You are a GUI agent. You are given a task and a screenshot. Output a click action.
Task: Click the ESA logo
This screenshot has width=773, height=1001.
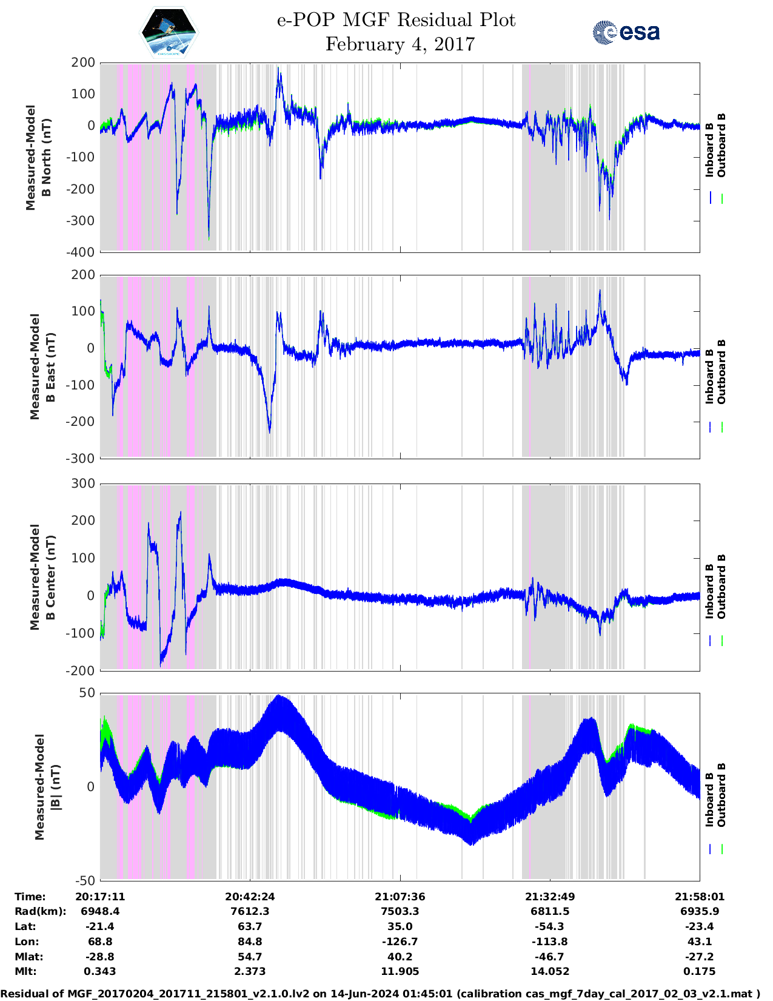tap(626, 32)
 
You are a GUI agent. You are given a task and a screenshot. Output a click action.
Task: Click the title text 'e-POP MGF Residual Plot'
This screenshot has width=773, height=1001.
tap(396, 20)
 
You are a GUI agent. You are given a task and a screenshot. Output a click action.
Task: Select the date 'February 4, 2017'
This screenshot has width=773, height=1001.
tap(400, 44)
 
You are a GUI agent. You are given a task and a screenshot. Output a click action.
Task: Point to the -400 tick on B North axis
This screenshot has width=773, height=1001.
tap(82, 252)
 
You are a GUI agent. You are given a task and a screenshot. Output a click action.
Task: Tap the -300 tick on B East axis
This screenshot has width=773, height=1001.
tap(82, 459)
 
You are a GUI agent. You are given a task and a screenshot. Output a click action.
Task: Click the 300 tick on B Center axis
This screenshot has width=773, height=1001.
tap(83, 484)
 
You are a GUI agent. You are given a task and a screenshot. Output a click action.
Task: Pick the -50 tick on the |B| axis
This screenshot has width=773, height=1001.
tap(85, 881)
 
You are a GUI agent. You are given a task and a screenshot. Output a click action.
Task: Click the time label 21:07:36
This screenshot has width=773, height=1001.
tap(400, 897)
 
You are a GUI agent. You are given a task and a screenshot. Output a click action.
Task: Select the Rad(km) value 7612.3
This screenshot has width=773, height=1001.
tap(250, 911)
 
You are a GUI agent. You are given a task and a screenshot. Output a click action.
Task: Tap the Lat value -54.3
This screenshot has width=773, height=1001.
tap(550, 926)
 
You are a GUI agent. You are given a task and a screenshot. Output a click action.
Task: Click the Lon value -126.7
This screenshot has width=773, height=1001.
tap(400, 942)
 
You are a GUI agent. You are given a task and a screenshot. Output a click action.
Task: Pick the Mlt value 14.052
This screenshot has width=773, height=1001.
tap(550, 971)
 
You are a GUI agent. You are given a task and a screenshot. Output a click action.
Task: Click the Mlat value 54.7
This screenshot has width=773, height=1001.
tap(250, 957)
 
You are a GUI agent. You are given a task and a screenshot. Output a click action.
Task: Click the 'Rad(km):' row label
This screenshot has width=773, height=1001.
tap(40, 911)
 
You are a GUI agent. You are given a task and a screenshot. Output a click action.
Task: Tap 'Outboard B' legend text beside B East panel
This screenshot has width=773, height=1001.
tap(721, 371)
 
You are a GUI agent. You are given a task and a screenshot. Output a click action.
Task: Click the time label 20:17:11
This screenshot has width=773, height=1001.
tap(100, 897)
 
